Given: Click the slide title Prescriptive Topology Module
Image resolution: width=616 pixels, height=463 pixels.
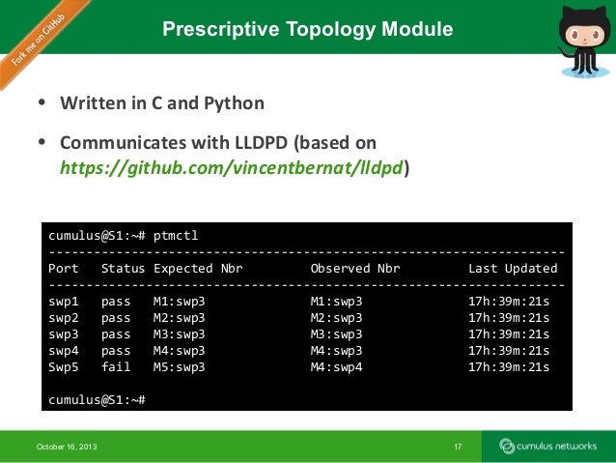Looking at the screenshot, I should [307, 30].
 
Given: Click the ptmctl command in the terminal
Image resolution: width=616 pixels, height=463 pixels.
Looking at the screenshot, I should [174, 235].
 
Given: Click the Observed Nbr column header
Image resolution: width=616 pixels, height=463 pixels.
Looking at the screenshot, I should [355, 269].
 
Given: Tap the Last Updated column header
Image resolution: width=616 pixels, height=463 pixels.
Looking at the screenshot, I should [513, 269].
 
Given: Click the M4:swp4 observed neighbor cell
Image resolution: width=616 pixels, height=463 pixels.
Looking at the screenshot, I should [336, 367].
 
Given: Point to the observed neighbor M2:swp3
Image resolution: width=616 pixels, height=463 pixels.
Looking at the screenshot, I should [336, 318].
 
